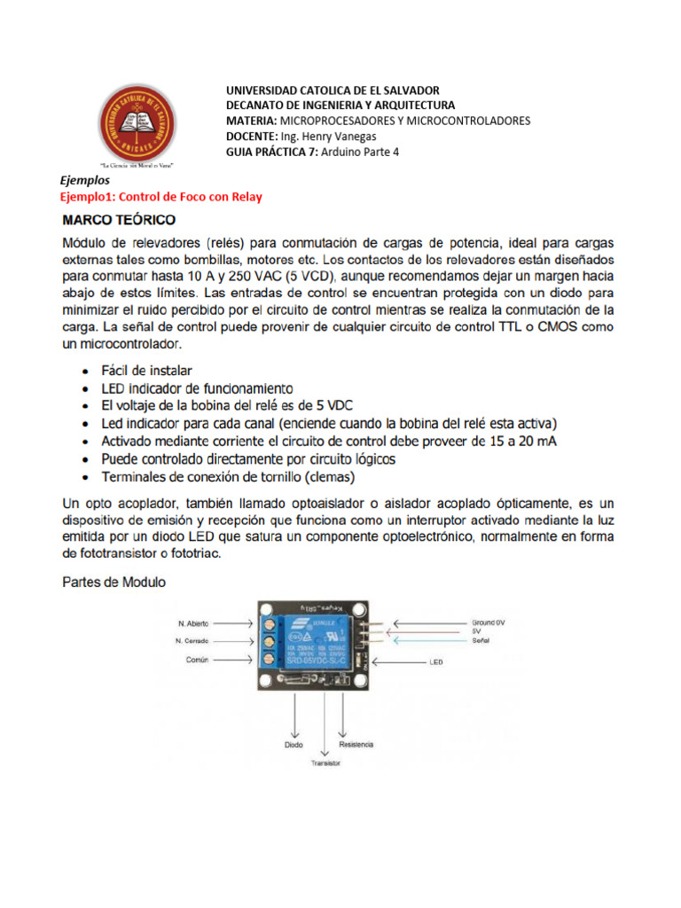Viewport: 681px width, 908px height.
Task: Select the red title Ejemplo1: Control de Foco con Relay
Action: pos(160,197)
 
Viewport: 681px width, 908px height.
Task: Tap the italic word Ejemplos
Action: pos(84,180)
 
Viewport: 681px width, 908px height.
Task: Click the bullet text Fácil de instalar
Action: pos(145,371)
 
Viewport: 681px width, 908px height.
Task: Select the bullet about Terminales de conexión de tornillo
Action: pos(228,477)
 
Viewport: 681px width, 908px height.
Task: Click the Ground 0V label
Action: pos(487,622)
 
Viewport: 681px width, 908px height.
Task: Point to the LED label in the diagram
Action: pos(435,661)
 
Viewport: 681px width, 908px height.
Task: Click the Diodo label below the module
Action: pos(294,745)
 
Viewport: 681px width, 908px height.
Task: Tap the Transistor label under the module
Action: pos(325,762)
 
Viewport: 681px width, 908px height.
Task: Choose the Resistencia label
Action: pos(356,744)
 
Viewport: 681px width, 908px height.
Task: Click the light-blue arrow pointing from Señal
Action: pos(425,638)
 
